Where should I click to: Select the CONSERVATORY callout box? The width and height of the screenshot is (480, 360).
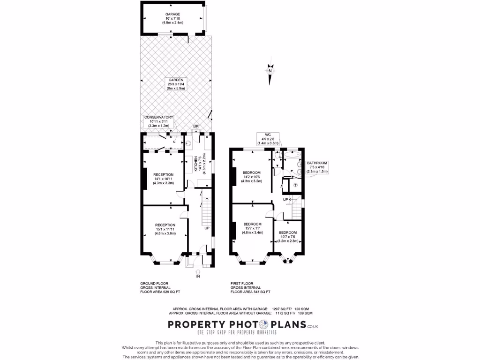click(x=158, y=121)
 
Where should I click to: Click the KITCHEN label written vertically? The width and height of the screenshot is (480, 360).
click(x=196, y=165)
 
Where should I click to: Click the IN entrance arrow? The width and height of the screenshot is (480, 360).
click(x=198, y=272)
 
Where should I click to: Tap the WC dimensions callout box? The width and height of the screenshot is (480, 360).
click(x=269, y=139)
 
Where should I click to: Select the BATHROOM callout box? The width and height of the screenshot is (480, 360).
click(x=317, y=167)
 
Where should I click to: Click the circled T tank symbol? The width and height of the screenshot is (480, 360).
click(x=295, y=185)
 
